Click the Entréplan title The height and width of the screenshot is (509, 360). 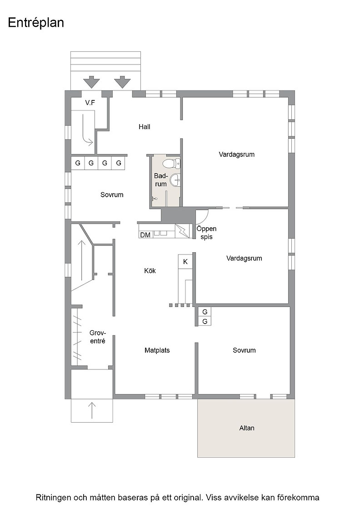click(36, 23)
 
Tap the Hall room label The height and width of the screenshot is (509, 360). click(145, 127)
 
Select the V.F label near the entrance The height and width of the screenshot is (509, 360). click(90, 103)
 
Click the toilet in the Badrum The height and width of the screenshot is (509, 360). click(171, 163)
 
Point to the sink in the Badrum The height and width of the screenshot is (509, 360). click(175, 180)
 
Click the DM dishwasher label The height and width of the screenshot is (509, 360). click(145, 235)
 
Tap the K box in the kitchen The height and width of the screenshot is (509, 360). click(185, 262)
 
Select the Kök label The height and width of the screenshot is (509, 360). click(150, 270)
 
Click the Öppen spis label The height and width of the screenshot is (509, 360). click(206, 233)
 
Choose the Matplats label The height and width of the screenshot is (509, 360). click(157, 350)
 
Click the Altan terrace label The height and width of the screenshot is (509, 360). click(247, 428)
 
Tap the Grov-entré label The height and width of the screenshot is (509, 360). click(97, 337)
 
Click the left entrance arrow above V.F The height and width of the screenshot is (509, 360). click(91, 82)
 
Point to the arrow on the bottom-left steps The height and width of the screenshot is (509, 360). click(92, 410)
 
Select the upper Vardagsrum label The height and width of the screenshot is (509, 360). click(237, 155)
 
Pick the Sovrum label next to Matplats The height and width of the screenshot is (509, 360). click(244, 350)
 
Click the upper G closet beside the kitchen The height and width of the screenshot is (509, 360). click(205, 312)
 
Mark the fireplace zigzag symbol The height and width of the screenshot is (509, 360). click(182, 231)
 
